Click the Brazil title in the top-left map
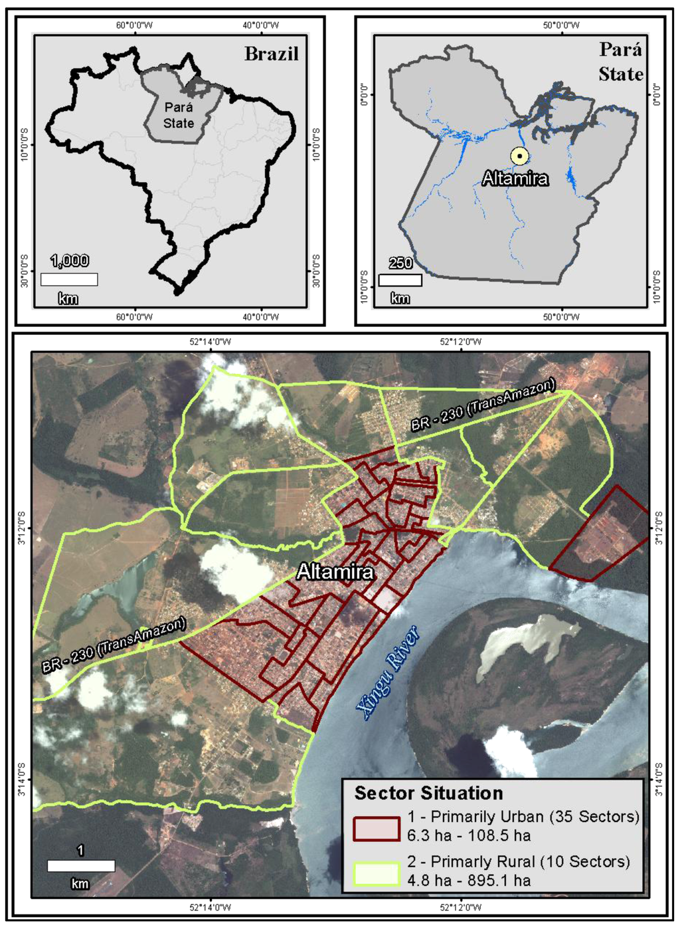pos(271,54)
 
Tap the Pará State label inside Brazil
pos(179,115)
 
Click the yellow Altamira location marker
pos(519,156)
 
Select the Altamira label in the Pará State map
pos(515,178)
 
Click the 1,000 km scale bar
pos(69,279)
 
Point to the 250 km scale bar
pos(400,280)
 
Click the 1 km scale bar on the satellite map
pos(81,866)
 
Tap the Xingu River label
pos(389,672)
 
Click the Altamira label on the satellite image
pos(335,571)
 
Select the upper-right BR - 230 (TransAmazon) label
pos(482,405)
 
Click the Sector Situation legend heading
pos(428,793)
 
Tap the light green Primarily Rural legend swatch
pos(377,873)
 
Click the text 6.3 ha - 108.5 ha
pos(469,835)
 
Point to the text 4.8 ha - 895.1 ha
pos(469,880)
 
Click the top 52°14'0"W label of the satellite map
pos(211,342)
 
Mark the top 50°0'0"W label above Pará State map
pos(561,25)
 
